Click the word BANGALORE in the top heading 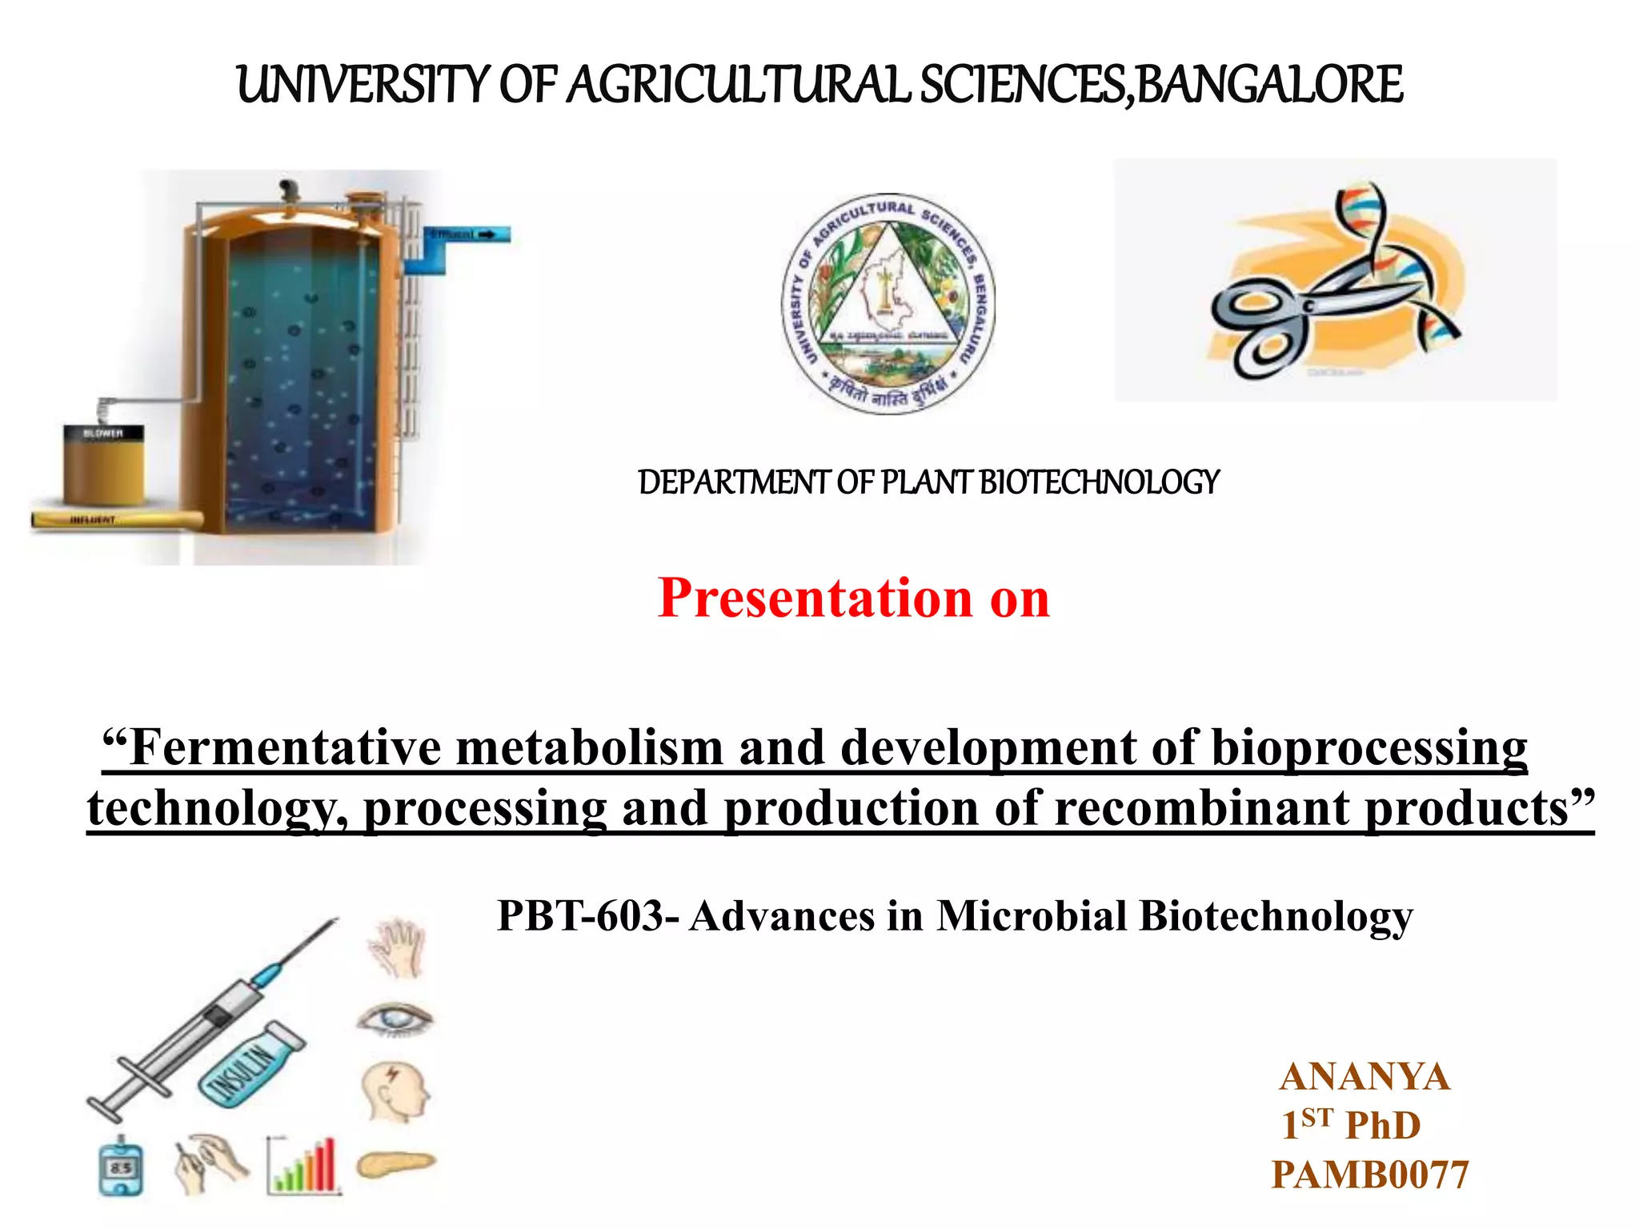click(1269, 85)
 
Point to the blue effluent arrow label click(469, 234)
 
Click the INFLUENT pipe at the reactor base click(116, 519)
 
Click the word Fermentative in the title click(285, 748)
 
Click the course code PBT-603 click(588, 916)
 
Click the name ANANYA click(1364, 1077)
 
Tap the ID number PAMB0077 click(1370, 1175)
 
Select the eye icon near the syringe click(395, 1019)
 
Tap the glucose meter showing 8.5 click(122, 1167)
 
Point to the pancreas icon click(395, 1164)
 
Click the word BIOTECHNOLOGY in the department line click(1100, 482)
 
